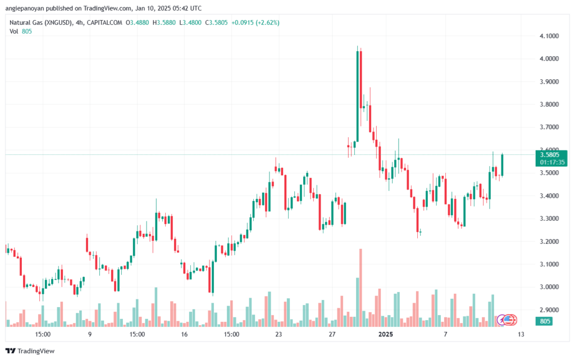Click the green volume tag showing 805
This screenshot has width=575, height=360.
click(544, 321)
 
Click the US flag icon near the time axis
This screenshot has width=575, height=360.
click(508, 320)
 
